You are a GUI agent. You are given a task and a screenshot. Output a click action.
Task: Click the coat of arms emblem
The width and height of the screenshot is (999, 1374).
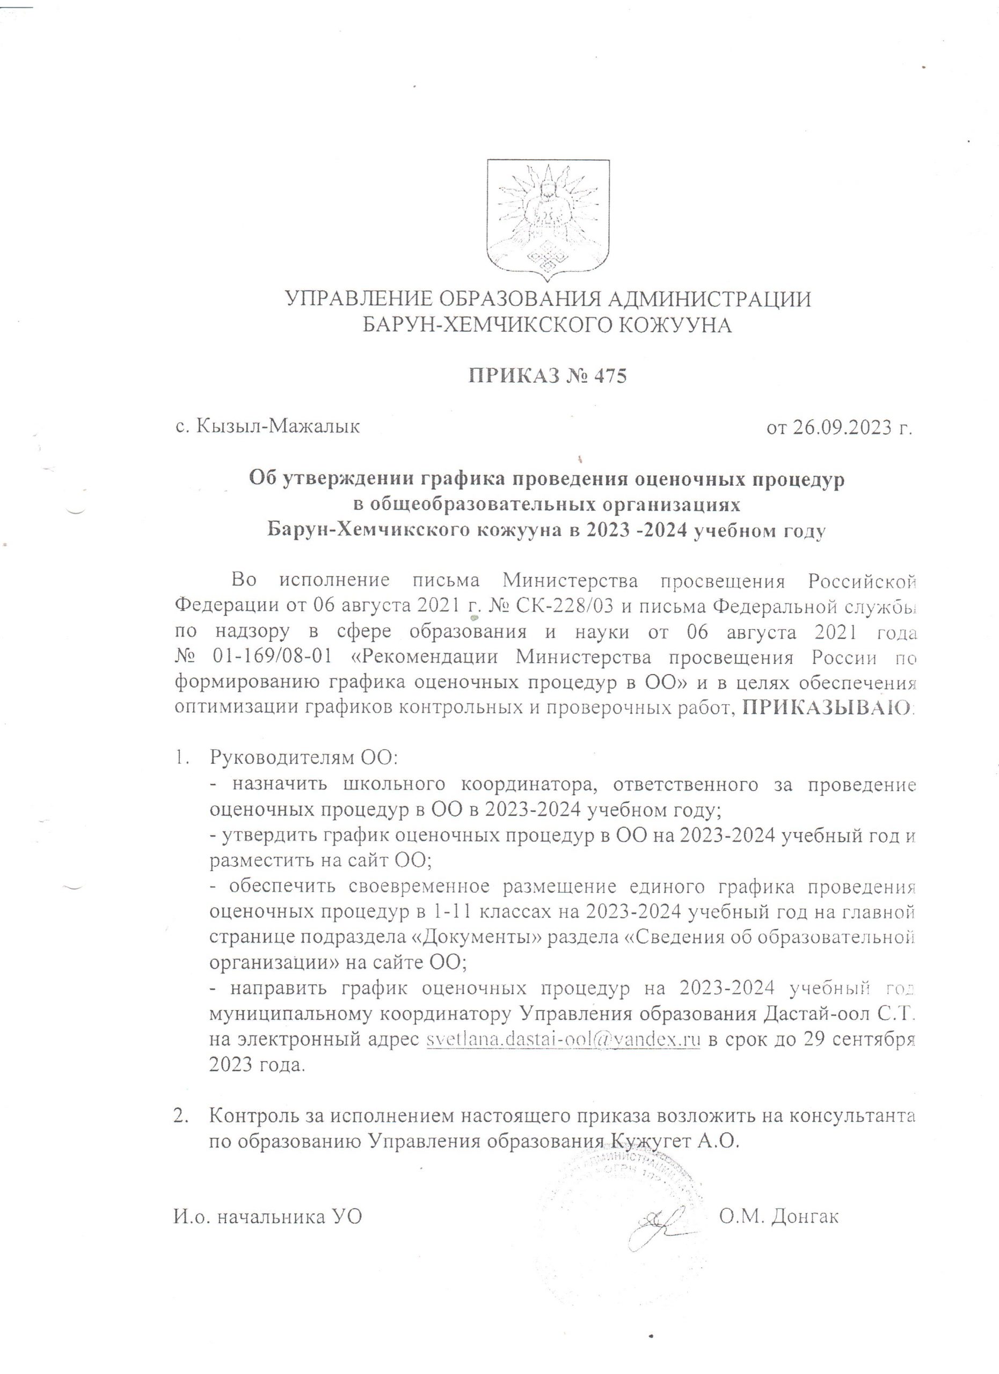click(548, 220)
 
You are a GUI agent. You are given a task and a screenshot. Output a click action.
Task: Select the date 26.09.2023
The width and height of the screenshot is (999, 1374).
click(848, 428)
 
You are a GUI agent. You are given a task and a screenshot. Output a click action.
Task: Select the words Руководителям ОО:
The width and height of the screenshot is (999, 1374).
click(303, 758)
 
